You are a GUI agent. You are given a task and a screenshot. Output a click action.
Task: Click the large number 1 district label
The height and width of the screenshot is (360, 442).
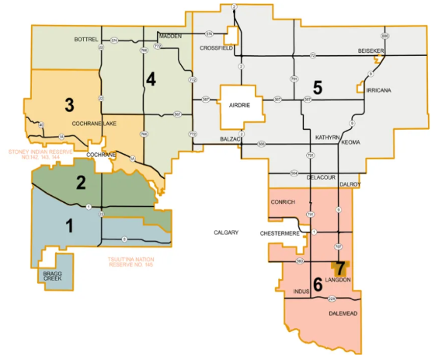(70, 226)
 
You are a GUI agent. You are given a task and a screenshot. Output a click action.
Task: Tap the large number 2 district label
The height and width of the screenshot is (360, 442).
(80, 183)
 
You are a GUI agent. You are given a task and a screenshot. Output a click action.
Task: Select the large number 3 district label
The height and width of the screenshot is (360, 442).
(69, 104)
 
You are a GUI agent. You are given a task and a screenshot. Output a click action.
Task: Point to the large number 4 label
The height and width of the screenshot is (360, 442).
(151, 79)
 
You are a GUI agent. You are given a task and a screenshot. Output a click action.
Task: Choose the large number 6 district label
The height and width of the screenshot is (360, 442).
(317, 283)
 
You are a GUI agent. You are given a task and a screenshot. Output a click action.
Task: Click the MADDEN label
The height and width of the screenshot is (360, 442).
(169, 36)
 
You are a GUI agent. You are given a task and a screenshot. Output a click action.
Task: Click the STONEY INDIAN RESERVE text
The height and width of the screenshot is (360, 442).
(40, 154)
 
